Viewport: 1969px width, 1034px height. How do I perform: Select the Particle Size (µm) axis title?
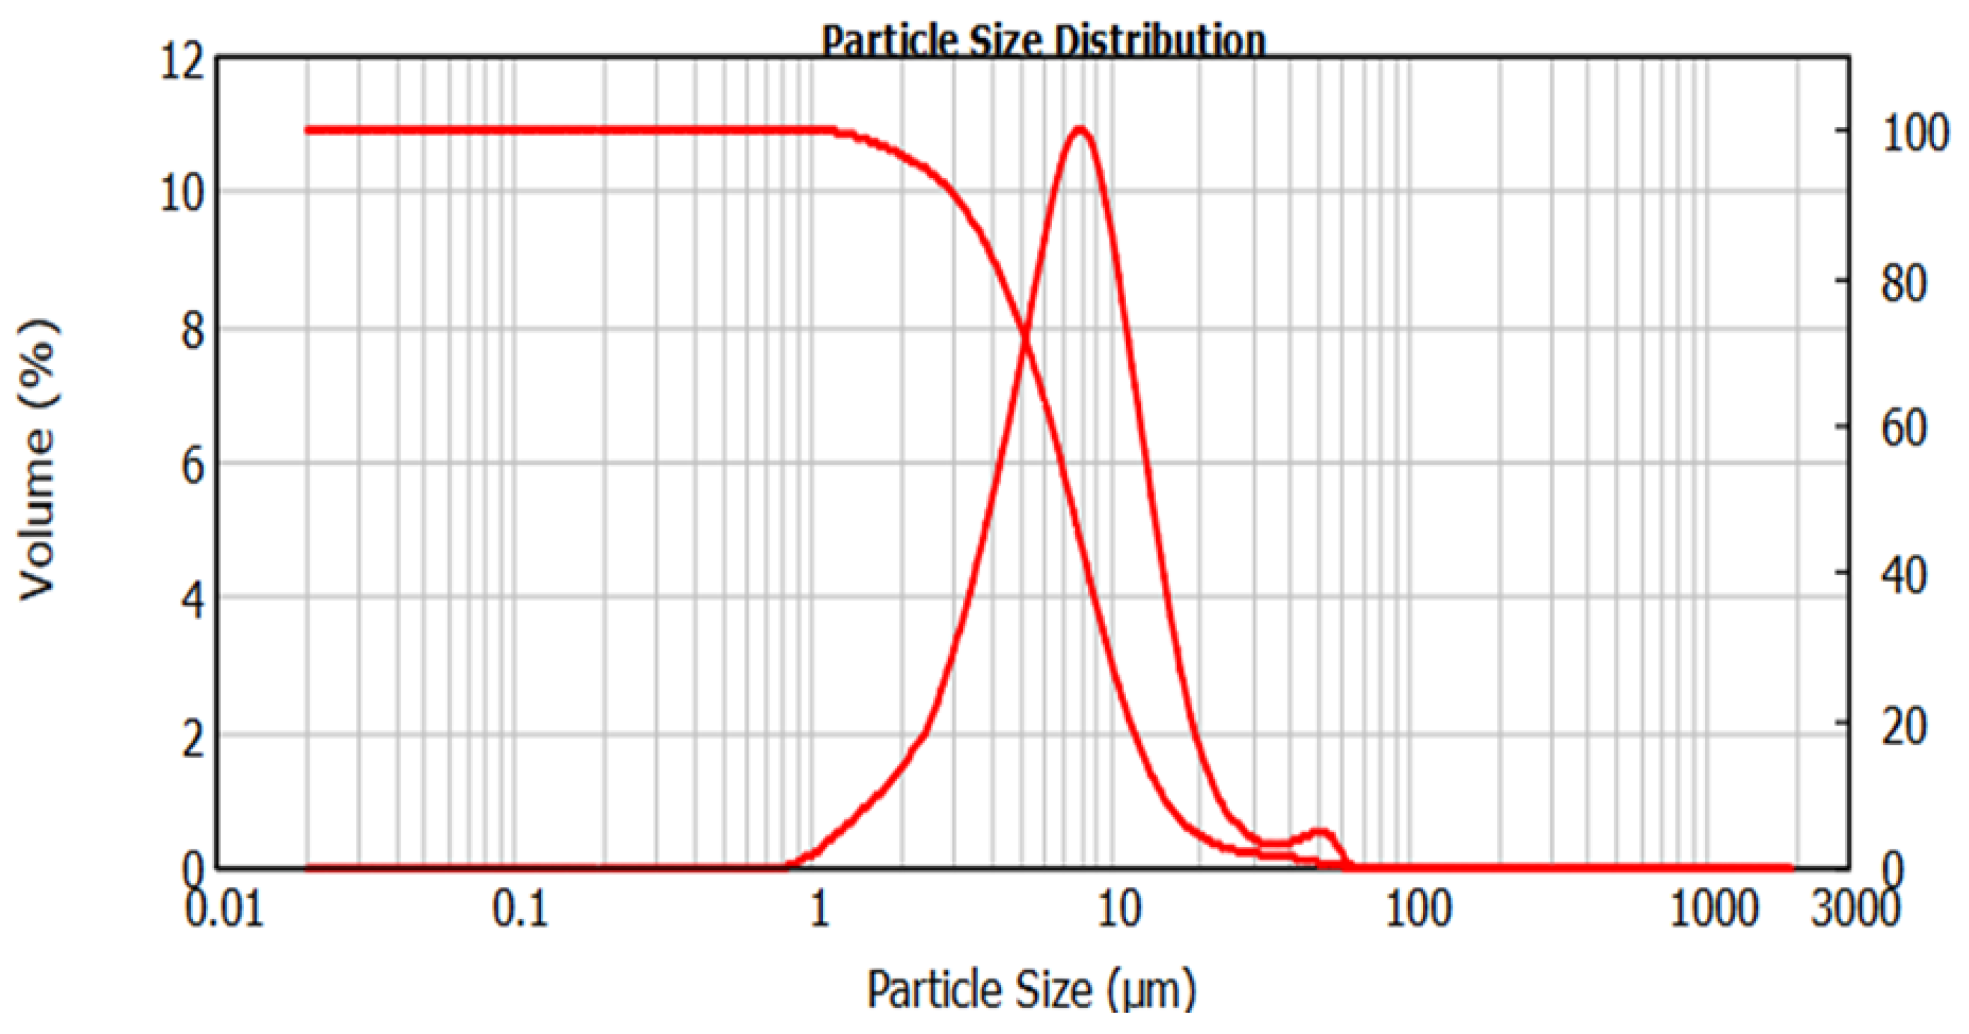tap(1031, 989)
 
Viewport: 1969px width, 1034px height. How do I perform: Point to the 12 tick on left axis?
tap(182, 61)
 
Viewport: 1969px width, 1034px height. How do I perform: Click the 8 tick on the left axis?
tap(192, 331)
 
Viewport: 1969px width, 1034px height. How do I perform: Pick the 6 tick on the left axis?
tap(192, 465)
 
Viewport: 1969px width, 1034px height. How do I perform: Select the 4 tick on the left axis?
tap(192, 599)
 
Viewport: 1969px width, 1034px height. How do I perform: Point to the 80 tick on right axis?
tap(1904, 283)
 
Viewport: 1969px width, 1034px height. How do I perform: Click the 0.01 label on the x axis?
tap(225, 909)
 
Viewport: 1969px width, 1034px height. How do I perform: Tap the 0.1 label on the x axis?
tap(520, 909)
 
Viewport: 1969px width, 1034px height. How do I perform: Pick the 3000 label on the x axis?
tap(1854, 909)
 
